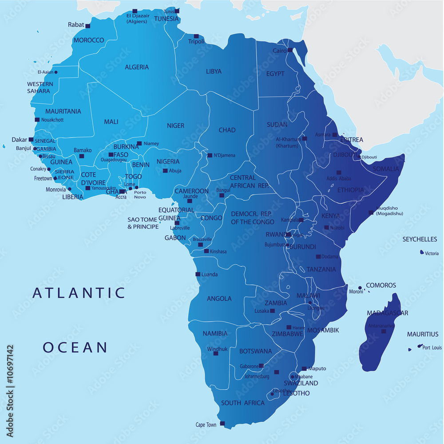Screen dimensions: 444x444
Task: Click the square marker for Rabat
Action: point(88,25)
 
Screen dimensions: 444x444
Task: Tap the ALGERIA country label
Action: point(137,67)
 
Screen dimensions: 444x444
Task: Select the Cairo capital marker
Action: point(290,50)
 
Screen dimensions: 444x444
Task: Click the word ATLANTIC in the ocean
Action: point(79,293)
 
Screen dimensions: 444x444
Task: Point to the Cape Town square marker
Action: point(222,424)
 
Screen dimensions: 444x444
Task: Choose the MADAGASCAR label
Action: point(388,313)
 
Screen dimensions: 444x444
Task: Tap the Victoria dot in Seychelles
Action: point(422,252)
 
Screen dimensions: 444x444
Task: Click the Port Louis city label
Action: point(432,348)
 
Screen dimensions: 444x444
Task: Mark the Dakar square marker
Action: point(31,139)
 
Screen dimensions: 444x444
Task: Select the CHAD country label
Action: point(227,130)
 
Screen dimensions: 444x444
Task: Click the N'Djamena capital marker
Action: point(210,155)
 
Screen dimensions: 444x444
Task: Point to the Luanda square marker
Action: point(198,274)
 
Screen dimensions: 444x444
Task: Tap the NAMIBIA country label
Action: point(215,334)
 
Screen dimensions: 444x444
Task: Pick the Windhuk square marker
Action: point(216,353)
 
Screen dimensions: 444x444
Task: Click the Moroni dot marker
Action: point(360,288)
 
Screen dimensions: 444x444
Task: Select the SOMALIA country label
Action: point(386,169)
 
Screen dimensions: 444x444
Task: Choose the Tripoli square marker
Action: point(196,36)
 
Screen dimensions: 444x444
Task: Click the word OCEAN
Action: point(75,347)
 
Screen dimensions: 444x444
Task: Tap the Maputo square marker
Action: point(304,368)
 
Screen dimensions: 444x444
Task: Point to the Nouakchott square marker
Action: point(37,120)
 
